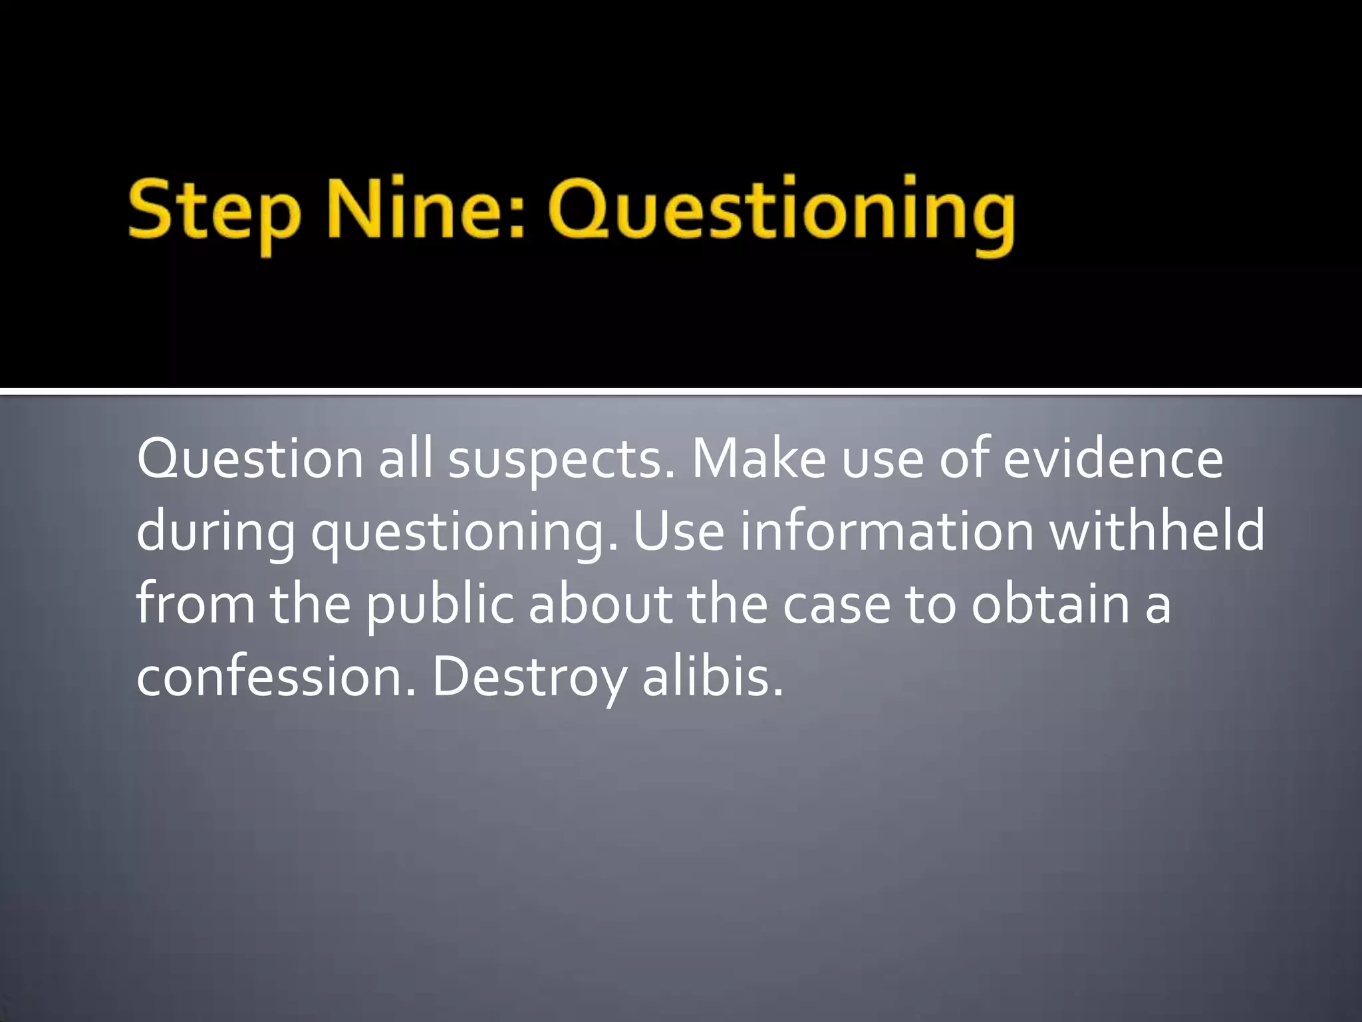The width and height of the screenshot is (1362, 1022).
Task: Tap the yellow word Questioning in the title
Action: pos(781,213)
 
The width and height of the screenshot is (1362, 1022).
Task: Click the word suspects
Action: pos(561,460)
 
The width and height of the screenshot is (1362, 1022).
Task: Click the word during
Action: pos(215,532)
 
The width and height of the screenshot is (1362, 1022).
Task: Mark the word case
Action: pos(836,604)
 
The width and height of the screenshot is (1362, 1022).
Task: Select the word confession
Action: pos(276,676)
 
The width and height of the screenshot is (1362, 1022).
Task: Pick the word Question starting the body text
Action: pos(250,460)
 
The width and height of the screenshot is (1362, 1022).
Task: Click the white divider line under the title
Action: pos(681,391)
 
